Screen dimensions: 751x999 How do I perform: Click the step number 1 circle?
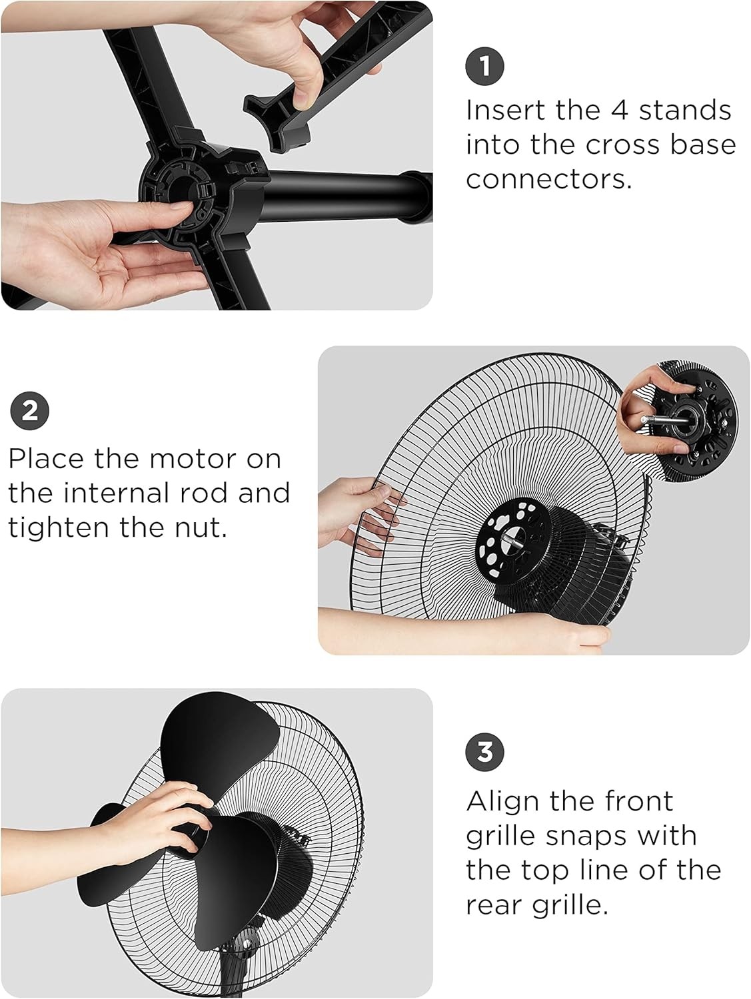tap(484, 66)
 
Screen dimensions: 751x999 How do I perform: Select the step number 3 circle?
tap(484, 751)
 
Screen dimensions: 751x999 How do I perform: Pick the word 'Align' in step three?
tap(501, 803)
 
